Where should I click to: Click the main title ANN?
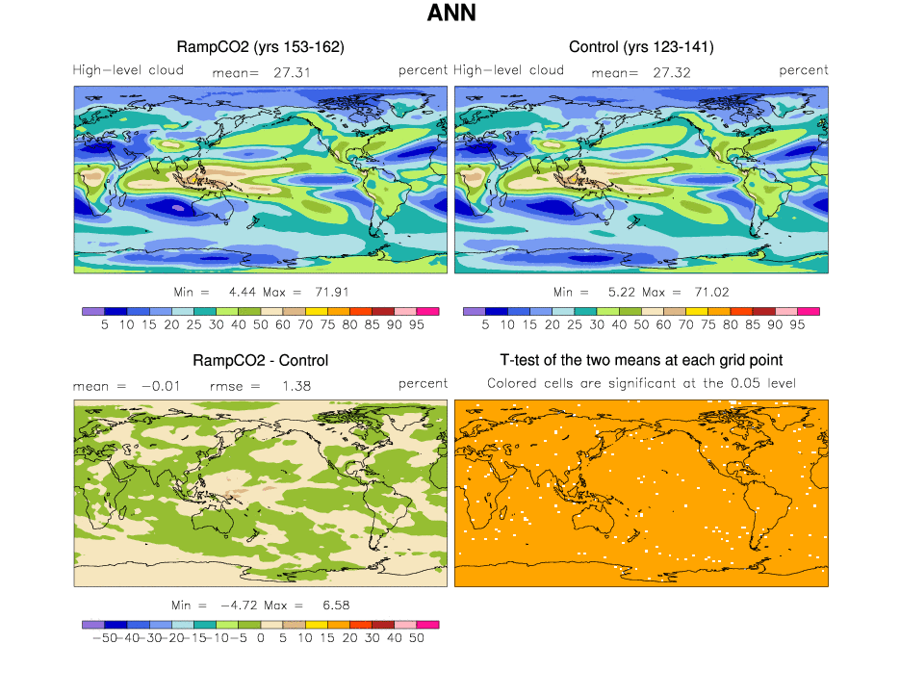450,14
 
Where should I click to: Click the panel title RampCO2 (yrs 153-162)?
261,47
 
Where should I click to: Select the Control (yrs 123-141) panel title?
641,47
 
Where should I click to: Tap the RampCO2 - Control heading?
261,361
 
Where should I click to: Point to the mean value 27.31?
292,71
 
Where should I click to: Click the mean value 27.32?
671,71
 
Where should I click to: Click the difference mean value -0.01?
159,385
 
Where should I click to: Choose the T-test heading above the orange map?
641,361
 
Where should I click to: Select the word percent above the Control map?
804,70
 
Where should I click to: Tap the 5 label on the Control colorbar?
485,325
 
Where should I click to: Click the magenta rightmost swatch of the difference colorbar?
428,625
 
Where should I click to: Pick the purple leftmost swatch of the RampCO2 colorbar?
93,311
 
